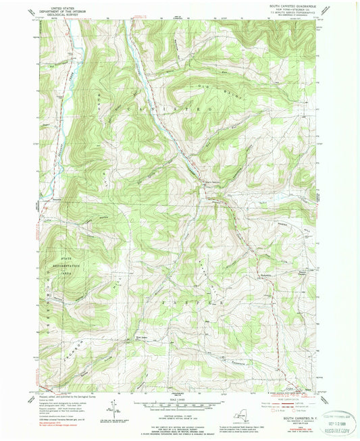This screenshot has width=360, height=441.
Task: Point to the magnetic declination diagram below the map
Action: coord(119,407)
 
